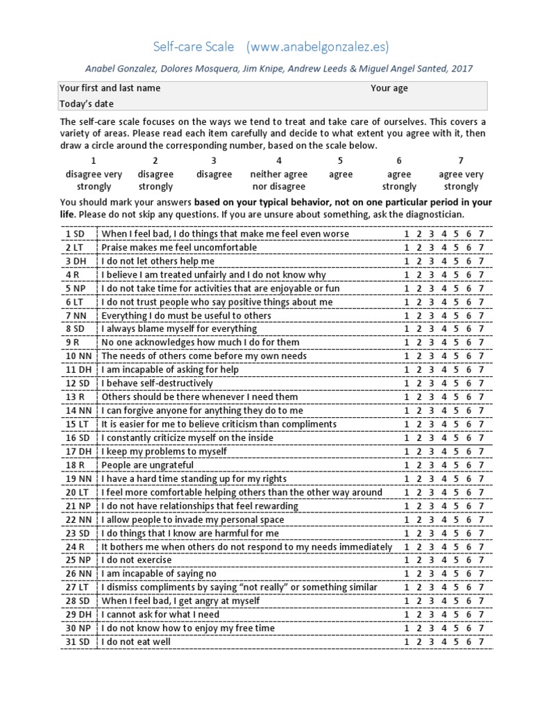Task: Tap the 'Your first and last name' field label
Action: point(110,88)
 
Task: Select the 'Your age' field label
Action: point(389,88)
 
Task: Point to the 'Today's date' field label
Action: point(87,103)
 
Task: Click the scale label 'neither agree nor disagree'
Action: point(279,181)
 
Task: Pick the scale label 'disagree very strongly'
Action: point(94,181)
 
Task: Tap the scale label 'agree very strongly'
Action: point(461,181)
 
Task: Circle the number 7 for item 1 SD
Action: point(481,234)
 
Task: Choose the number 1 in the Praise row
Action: point(406,248)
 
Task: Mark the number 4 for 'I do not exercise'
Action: point(443,560)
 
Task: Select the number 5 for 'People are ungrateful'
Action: point(456,465)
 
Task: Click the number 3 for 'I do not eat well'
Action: point(431,642)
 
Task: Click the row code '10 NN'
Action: point(79,356)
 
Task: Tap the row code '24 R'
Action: point(76,546)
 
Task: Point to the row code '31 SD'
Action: point(79,642)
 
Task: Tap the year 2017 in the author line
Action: point(462,69)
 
